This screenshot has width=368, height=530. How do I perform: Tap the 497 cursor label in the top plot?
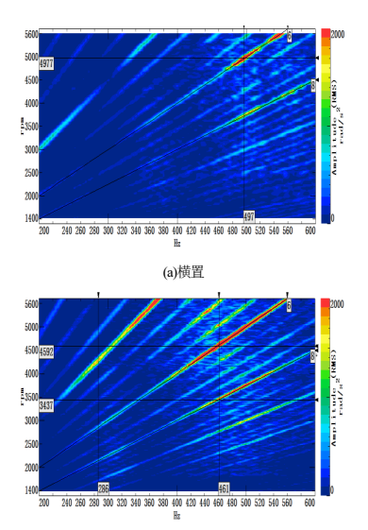click(x=248, y=215)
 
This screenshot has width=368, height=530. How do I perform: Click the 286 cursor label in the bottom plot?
click(x=104, y=487)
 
